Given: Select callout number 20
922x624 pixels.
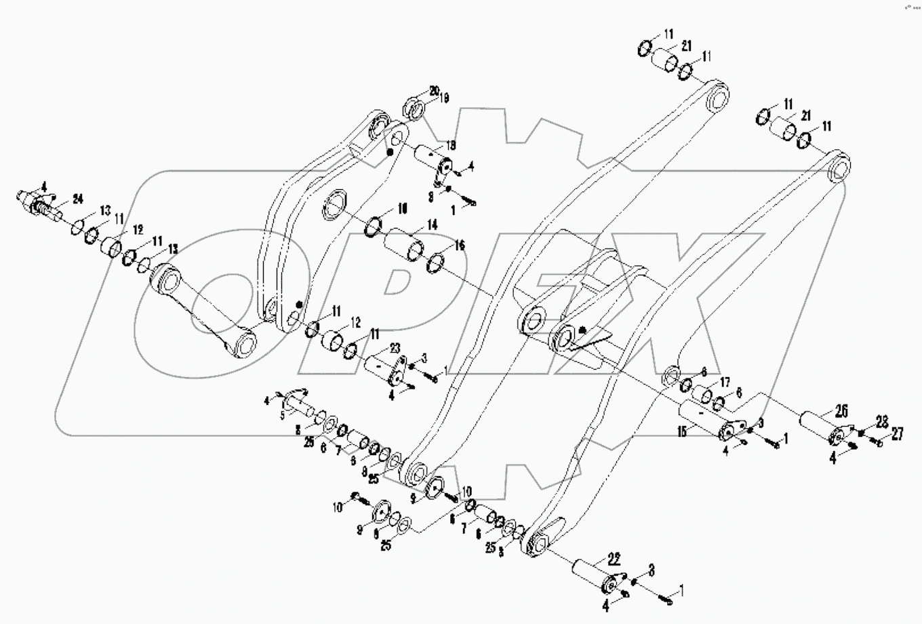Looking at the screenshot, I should pyautogui.click(x=434, y=90).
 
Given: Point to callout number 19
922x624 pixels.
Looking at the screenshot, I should pyautogui.click(x=445, y=98).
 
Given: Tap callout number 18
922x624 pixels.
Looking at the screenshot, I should pyautogui.click(x=450, y=144).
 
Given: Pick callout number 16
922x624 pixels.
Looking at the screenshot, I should pyautogui.click(x=460, y=245).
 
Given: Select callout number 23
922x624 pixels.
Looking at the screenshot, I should pyautogui.click(x=395, y=349).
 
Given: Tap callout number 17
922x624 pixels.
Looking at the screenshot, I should pyautogui.click(x=725, y=381).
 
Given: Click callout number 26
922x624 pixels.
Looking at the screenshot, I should pyautogui.click(x=841, y=410).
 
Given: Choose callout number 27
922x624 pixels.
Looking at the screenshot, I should pyautogui.click(x=897, y=435).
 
